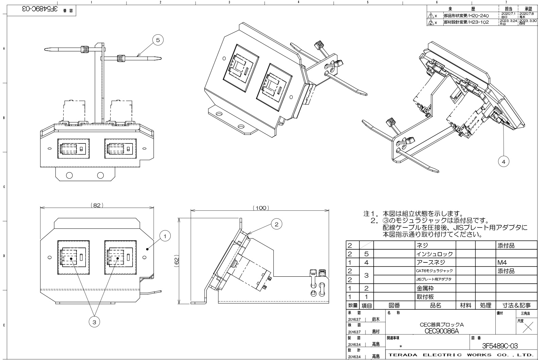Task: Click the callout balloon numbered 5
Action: pos(157,40)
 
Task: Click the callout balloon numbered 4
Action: pos(504,162)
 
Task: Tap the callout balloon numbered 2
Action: pos(276,224)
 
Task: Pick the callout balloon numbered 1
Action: pos(165,236)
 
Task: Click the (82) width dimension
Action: pos(97,205)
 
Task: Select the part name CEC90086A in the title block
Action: pos(442,331)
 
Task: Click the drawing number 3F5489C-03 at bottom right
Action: pos(500,346)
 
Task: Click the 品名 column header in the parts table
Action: pos(435,306)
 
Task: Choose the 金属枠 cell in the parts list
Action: pos(425,288)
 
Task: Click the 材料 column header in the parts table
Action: pos(465,306)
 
